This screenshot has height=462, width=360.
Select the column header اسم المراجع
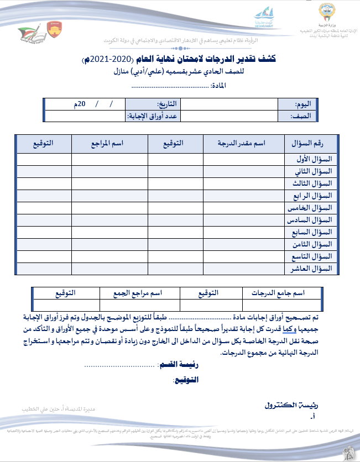pos(109,144)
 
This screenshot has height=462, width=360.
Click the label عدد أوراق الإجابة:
pos(153,116)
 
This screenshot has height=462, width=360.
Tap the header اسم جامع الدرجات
pos(282,293)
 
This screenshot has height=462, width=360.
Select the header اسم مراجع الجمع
pos(140,293)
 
